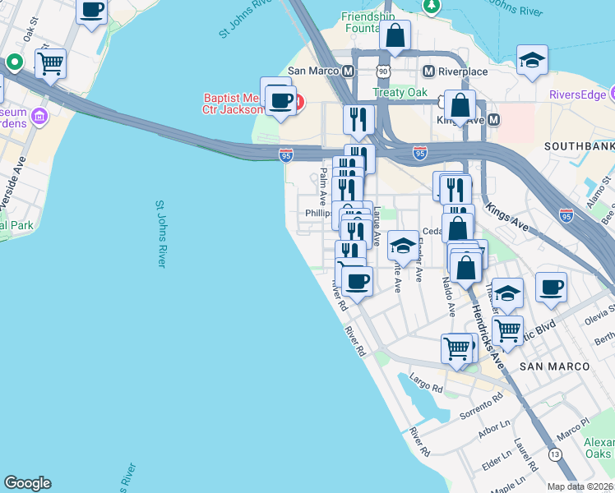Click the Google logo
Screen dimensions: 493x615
pos(27,483)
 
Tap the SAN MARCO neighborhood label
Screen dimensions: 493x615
pos(556,366)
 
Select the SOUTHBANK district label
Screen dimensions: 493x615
pos(580,146)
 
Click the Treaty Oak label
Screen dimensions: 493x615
pos(400,93)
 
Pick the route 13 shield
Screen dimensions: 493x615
pos(557,454)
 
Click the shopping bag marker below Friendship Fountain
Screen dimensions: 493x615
pos(395,36)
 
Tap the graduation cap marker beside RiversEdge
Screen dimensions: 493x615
pos(532,60)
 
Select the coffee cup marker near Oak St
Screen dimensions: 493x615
pos(91,11)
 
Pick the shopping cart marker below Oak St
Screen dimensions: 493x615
pos(51,62)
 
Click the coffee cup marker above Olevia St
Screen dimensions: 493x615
pos(551,288)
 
